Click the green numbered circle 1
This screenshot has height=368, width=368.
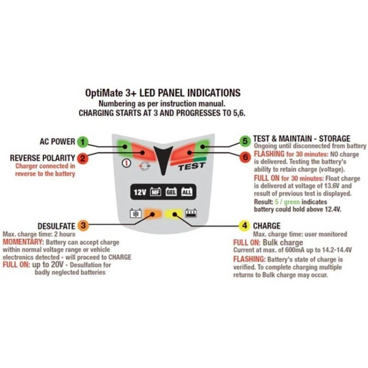tap(82, 141)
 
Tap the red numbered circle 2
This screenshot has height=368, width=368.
tap(82, 159)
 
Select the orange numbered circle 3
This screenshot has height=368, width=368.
tap(82, 225)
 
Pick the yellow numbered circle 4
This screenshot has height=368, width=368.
tap(244, 225)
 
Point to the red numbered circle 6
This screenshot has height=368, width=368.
tap(245, 156)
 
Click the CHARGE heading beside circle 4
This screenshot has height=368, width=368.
tap(267, 225)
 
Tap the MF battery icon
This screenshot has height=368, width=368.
tap(155, 192)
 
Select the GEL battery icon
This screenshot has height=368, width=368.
tap(171, 192)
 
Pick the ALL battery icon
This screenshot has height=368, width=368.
tap(187, 192)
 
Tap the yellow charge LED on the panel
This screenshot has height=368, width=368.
tap(173, 214)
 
